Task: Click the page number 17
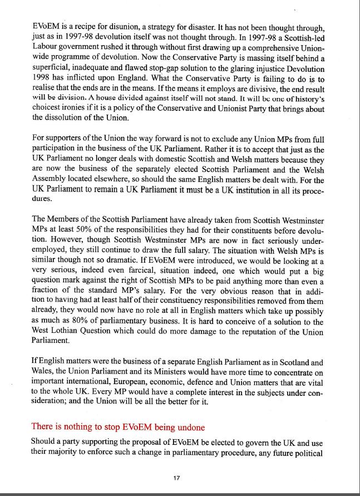(176, 477)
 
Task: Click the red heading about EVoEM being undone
(118, 427)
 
